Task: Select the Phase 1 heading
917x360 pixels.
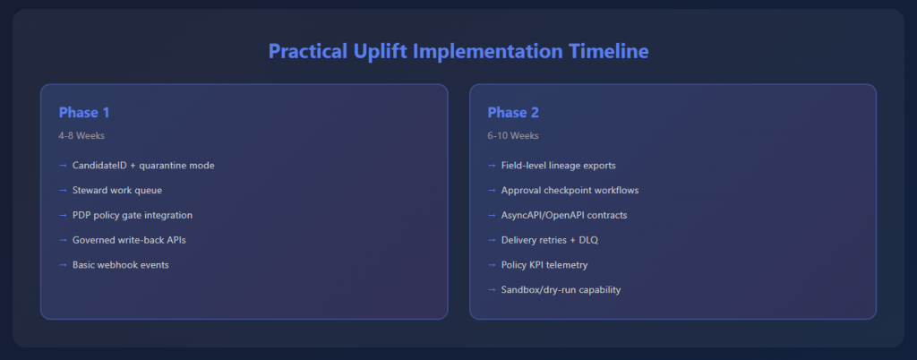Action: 84,112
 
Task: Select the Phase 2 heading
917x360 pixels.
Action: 513,112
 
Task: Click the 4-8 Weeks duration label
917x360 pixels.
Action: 81,135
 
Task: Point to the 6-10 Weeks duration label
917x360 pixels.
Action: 513,135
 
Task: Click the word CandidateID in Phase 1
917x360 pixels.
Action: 99,166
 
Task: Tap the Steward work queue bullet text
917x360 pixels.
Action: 117,190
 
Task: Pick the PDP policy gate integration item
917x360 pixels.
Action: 133,215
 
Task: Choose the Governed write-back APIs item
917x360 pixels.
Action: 129,240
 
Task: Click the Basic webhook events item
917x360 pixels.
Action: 121,265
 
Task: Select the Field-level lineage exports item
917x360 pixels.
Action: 559,166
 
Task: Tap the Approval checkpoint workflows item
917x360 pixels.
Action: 570,190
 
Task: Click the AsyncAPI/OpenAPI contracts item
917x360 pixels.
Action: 564,215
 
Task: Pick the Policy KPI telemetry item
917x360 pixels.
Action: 544,265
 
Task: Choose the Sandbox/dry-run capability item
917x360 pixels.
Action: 561,289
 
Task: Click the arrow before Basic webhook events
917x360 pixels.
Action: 64,265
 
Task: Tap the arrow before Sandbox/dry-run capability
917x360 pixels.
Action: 492,289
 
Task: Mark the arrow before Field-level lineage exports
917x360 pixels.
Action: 492,166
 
